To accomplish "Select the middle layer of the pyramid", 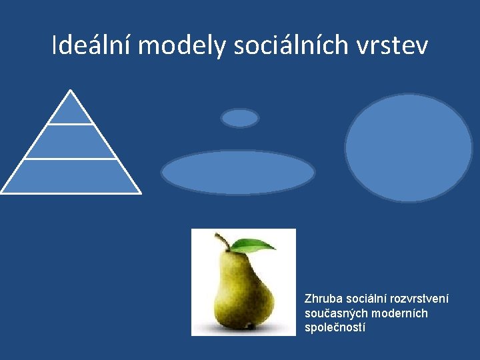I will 71,142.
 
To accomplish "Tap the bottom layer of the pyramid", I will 71,176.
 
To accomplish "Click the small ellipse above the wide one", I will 239,118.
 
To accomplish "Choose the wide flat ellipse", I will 238,173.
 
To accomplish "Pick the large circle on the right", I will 408,147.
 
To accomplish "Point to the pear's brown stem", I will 222,241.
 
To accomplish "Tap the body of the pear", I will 243,293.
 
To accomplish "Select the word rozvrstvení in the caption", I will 421,298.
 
